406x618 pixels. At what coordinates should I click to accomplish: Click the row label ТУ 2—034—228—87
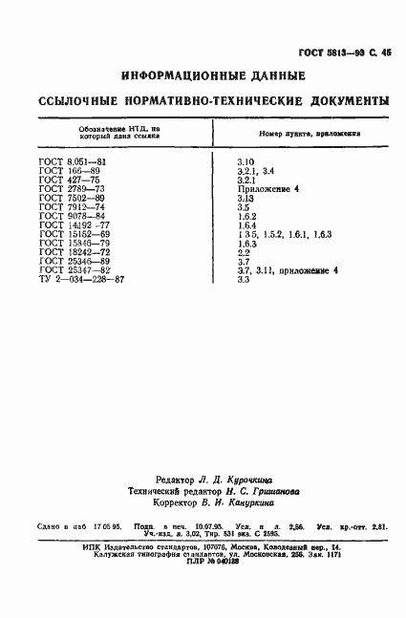[80, 279]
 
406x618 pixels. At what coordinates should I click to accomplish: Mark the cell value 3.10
[246, 163]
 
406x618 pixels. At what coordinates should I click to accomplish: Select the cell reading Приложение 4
[268, 189]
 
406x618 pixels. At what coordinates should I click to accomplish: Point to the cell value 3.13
[246, 199]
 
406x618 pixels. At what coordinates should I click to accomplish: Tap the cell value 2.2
[243, 252]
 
